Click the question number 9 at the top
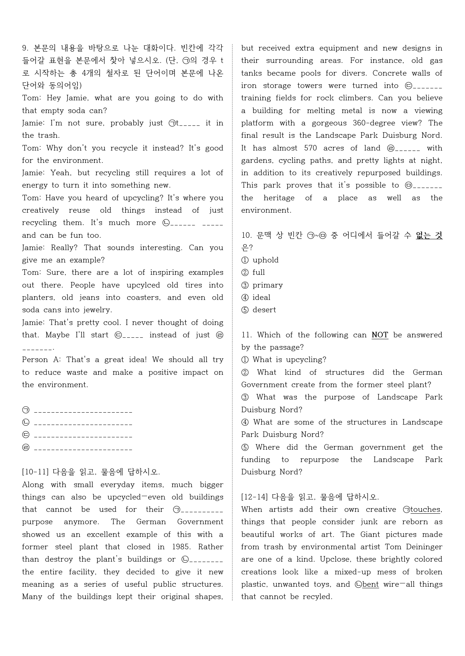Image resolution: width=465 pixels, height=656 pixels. pos(25,48)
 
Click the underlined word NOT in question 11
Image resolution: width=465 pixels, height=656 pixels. pos(379,335)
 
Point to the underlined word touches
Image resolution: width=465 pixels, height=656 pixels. pos(425,509)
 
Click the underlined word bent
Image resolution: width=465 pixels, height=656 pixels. pos(370,584)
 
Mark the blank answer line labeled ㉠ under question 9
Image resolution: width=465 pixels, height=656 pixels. pos(83,411)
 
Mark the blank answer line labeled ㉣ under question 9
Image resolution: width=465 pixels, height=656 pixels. pos(83,448)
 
